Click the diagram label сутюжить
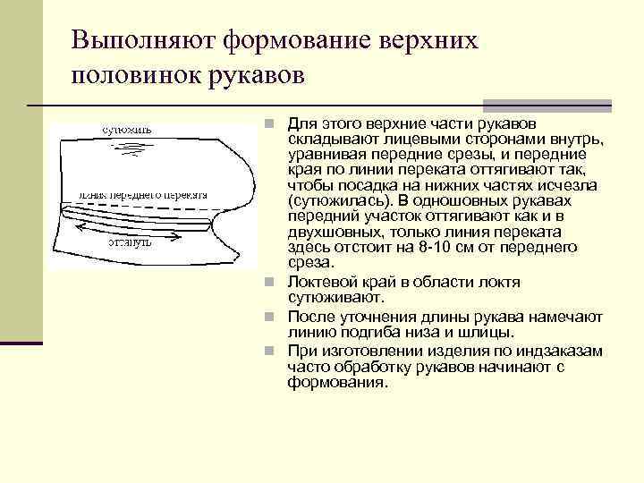[126, 129]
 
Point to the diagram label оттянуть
[130, 241]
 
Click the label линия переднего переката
[142, 194]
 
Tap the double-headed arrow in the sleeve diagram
[133, 229]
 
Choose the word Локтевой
[320, 282]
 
